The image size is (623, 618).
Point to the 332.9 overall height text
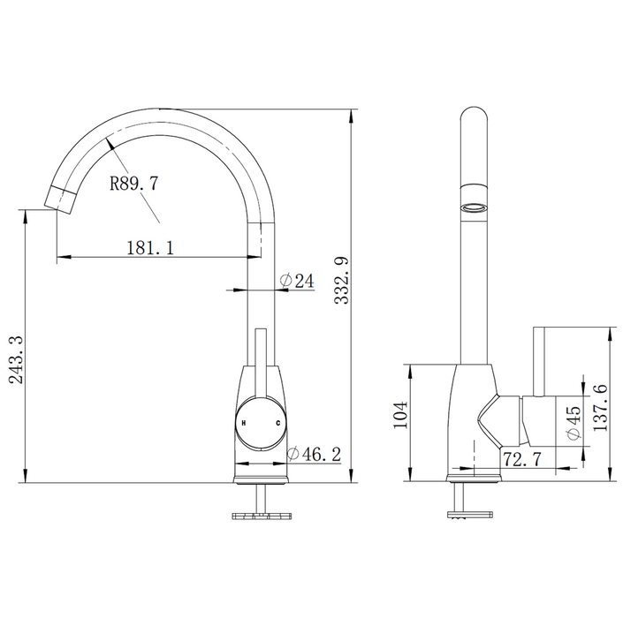point(342,282)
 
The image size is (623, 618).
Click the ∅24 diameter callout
point(297,281)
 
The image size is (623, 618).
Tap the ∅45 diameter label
point(572,423)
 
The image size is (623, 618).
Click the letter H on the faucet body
point(243,424)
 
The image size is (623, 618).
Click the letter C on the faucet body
point(278,424)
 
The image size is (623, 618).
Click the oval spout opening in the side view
point(475,207)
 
